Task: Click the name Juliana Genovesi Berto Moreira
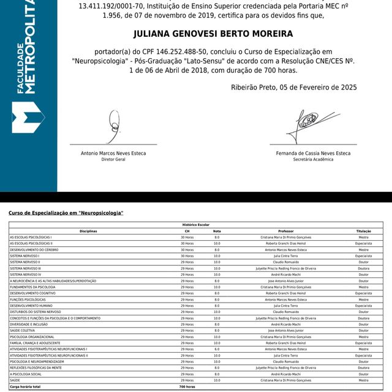(x=213, y=34)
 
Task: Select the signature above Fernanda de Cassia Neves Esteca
(x=309, y=126)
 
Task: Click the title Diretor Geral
(x=113, y=159)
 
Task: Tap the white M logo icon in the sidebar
(x=28, y=118)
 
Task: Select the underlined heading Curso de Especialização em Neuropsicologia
(x=66, y=213)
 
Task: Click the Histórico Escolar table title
(x=196, y=225)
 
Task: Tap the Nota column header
(x=217, y=231)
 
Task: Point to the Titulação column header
(x=363, y=231)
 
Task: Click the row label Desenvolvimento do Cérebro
(x=36, y=249)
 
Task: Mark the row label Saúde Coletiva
(x=23, y=331)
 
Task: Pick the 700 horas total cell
(x=186, y=387)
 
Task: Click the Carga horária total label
(x=25, y=387)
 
